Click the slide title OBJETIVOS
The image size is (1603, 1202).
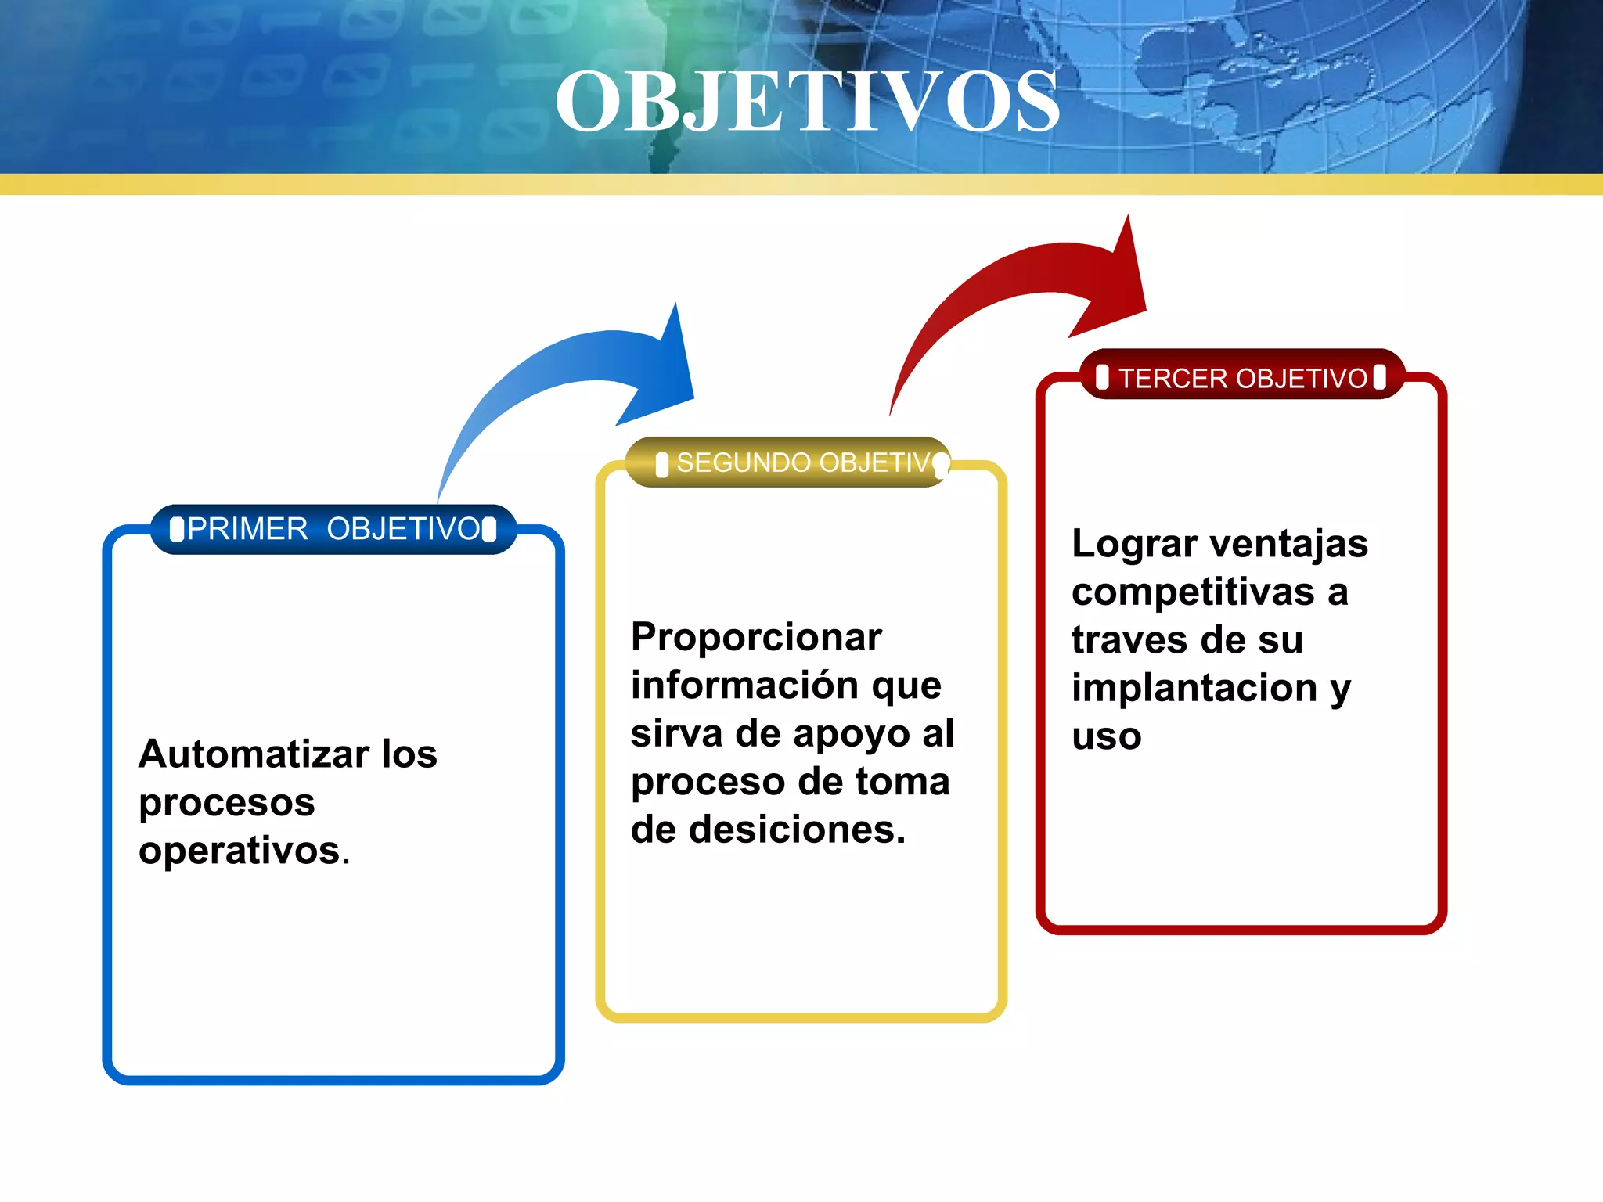tap(807, 102)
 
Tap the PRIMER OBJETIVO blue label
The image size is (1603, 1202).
tap(333, 529)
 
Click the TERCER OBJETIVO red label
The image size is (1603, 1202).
tap(1242, 378)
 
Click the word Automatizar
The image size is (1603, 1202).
tap(254, 754)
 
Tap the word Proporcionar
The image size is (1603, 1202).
tap(756, 637)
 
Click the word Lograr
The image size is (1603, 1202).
tap(1134, 544)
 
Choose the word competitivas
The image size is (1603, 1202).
tap(1192, 592)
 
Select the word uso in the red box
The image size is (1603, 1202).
tap(1106, 737)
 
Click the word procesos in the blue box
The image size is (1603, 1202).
tap(227, 803)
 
